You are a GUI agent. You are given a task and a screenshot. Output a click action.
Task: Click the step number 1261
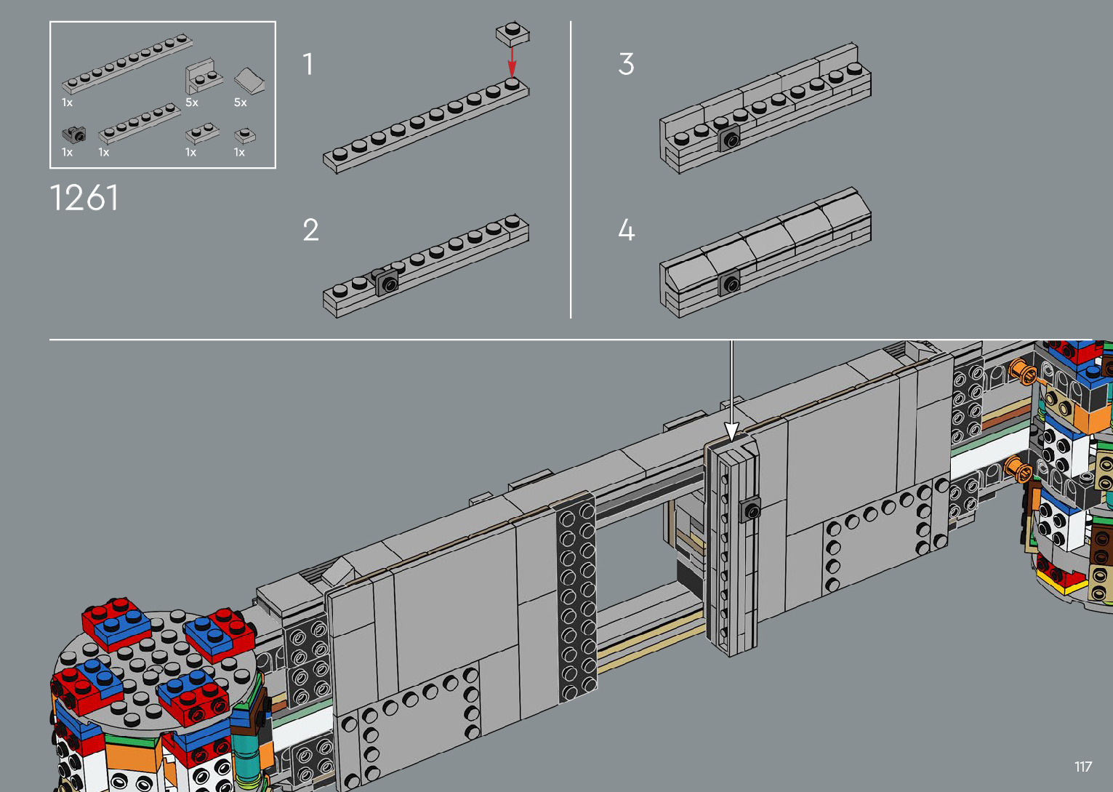tap(84, 198)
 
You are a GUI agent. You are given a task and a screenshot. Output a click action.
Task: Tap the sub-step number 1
tap(308, 64)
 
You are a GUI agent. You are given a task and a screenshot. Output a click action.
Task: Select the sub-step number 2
tap(311, 230)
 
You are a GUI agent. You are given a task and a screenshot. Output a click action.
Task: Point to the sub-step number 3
tap(627, 64)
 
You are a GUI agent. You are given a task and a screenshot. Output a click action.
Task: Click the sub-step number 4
tap(627, 230)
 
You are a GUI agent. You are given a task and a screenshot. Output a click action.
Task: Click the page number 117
tap(1083, 767)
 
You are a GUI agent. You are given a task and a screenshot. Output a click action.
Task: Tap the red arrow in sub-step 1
tap(512, 62)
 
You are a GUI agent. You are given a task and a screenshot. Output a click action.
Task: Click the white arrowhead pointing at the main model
tap(731, 431)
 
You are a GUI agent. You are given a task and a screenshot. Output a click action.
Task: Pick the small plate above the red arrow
tap(513, 33)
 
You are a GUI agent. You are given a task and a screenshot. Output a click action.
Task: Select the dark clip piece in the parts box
tap(74, 135)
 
